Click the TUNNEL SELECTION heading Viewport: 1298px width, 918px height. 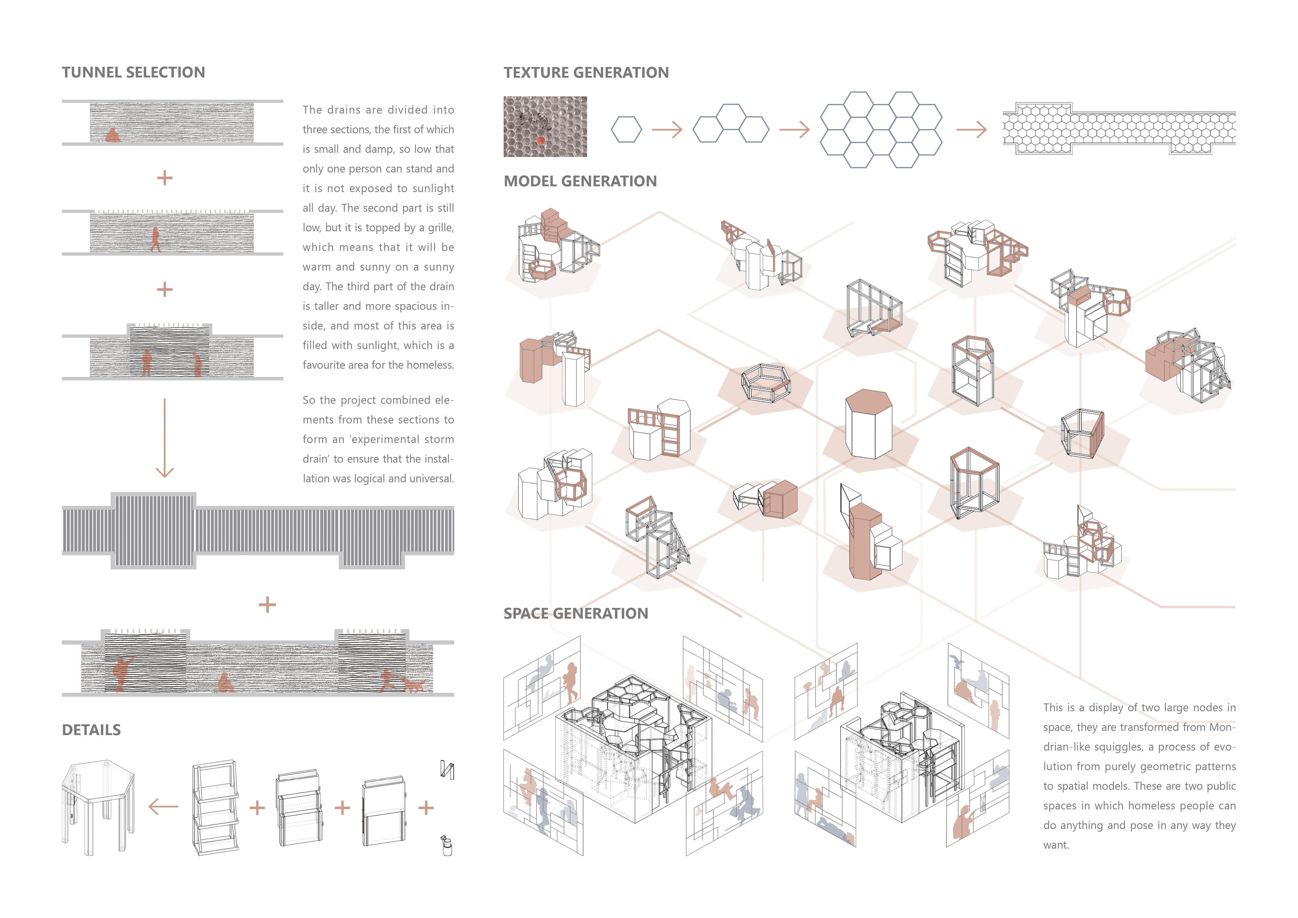(x=133, y=72)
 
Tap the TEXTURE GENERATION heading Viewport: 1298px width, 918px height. (x=586, y=72)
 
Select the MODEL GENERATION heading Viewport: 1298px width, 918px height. (x=580, y=181)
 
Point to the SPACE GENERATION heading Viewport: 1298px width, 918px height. (x=576, y=613)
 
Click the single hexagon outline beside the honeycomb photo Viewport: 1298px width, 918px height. (x=626, y=130)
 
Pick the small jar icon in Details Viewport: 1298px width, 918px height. (x=447, y=846)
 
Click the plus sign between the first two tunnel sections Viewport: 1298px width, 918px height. (x=165, y=177)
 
